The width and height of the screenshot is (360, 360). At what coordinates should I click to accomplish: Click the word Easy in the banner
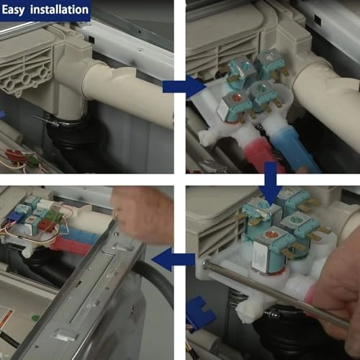click(x=13, y=10)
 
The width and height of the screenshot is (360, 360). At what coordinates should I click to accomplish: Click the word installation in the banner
click(x=59, y=9)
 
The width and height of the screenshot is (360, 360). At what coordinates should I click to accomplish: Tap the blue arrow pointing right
click(x=184, y=86)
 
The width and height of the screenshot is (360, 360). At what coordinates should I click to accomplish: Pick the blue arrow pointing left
click(x=174, y=260)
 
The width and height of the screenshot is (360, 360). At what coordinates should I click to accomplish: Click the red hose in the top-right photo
click(x=261, y=153)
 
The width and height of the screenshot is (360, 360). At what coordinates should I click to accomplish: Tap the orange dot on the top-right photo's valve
click(x=237, y=97)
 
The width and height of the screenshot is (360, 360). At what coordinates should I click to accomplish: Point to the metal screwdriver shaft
click(x=276, y=293)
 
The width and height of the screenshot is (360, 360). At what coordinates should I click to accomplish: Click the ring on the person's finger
click(x=116, y=215)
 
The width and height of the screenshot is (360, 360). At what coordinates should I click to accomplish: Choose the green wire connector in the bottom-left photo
click(x=52, y=215)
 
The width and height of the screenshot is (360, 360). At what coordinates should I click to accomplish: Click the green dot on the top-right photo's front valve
click(x=261, y=86)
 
